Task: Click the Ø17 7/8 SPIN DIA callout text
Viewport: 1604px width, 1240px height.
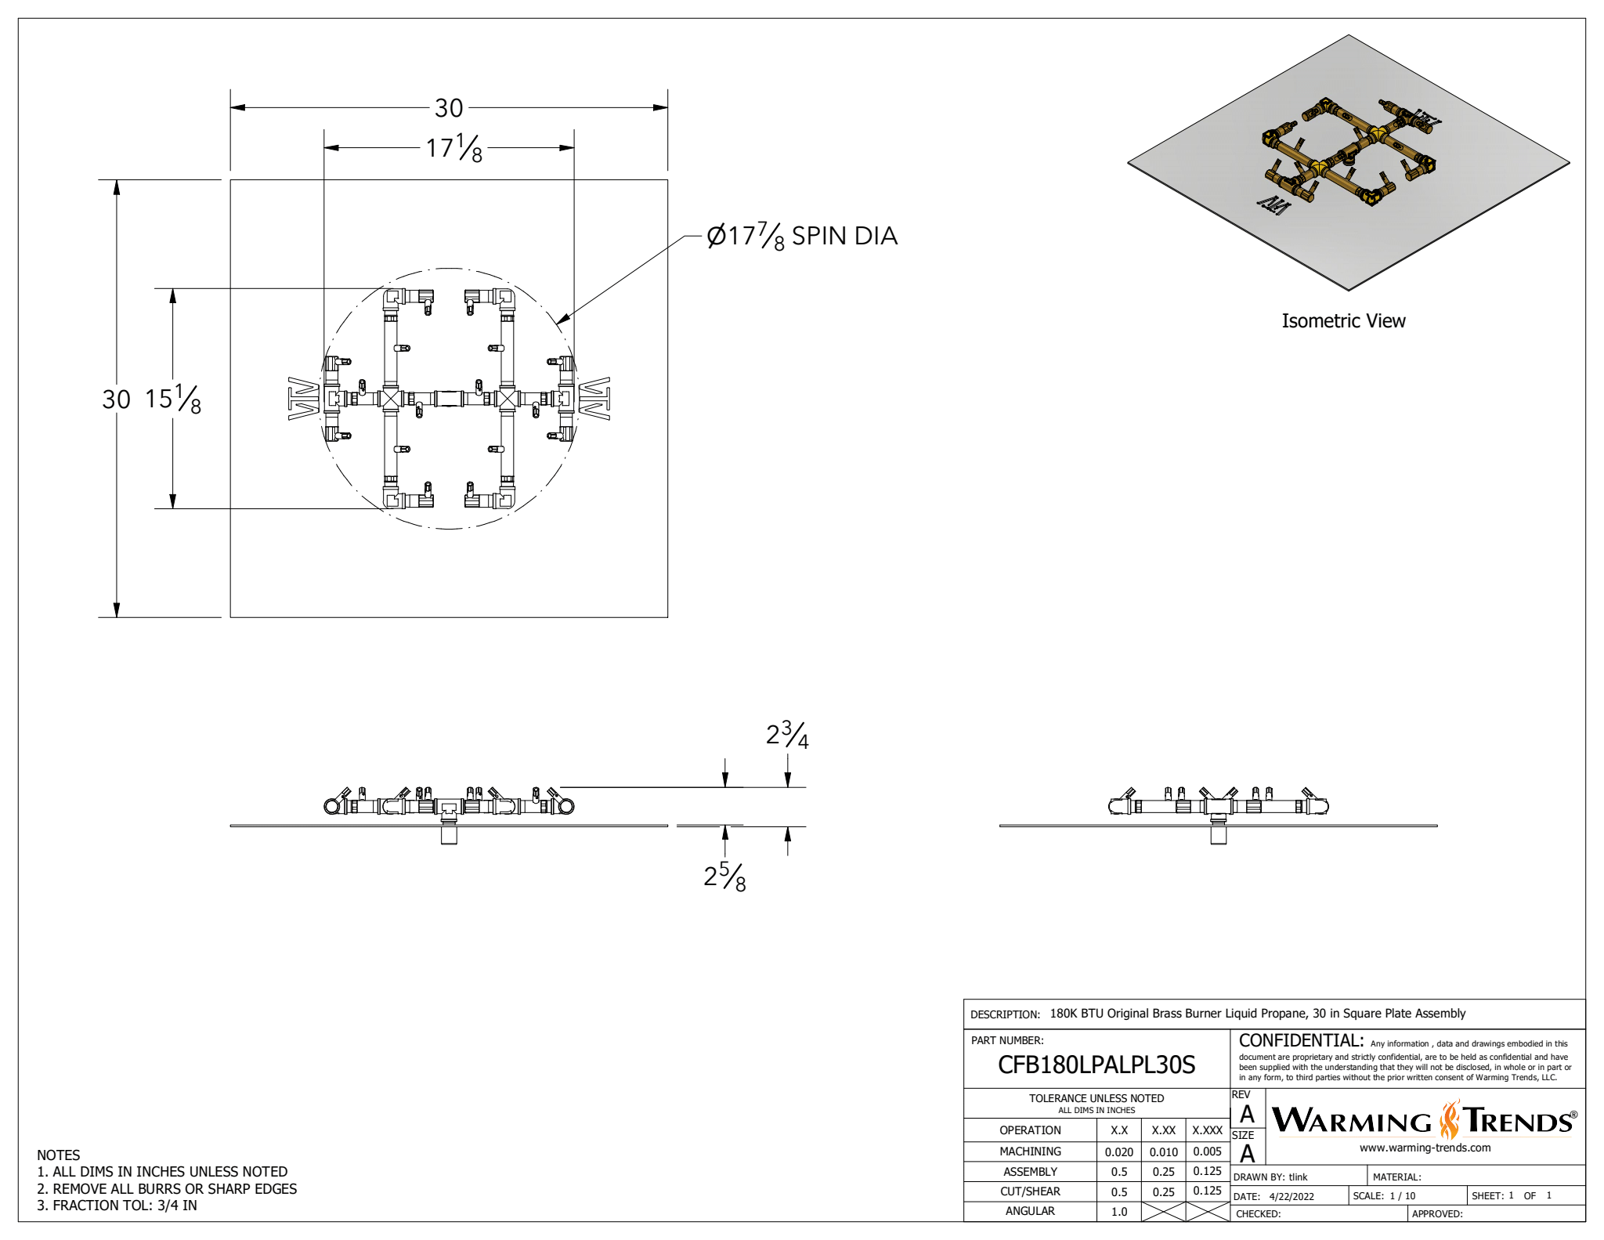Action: click(801, 236)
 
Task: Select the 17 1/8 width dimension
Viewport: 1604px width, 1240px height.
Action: click(453, 147)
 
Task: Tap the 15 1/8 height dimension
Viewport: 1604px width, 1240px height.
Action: click(173, 399)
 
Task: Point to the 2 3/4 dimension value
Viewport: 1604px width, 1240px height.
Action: click(786, 735)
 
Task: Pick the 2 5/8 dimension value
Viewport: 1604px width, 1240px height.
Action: click(724, 877)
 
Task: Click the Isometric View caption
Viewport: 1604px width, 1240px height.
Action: click(1343, 321)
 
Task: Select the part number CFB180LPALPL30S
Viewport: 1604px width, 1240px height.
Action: click(1096, 1065)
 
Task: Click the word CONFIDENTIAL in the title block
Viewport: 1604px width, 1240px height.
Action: click(1301, 1041)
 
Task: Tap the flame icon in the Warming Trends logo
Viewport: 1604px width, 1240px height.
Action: click(1450, 1119)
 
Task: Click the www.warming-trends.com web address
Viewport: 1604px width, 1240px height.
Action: click(1425, 1148)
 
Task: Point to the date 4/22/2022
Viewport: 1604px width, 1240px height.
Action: click(1292, 1197)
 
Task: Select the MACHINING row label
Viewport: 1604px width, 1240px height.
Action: click(1030, 1151)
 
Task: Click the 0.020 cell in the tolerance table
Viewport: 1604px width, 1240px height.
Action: click(1119, 1152)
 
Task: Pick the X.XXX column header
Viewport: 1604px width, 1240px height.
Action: click(1207, 1130)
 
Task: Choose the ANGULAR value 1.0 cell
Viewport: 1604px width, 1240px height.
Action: click(1119, 1212)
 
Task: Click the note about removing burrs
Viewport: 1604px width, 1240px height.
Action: click(167, 1188)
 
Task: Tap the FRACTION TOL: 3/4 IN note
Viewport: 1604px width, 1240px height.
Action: click(117, 1206)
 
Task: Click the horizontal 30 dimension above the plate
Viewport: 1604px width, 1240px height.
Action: click(449, 108)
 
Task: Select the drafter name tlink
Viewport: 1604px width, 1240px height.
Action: click(1299, 1177)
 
